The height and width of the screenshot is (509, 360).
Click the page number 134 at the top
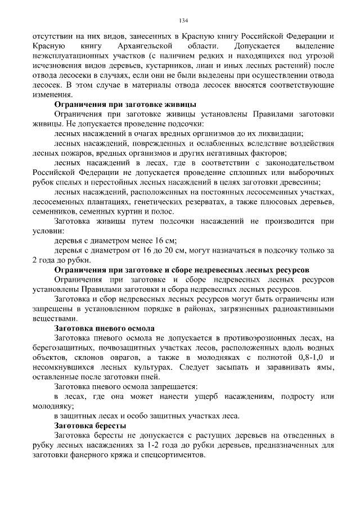click(x=183, y=21)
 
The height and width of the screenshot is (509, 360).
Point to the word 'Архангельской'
click(x=142, y=45)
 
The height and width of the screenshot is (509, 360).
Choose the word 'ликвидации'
click(x=281, y=133)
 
